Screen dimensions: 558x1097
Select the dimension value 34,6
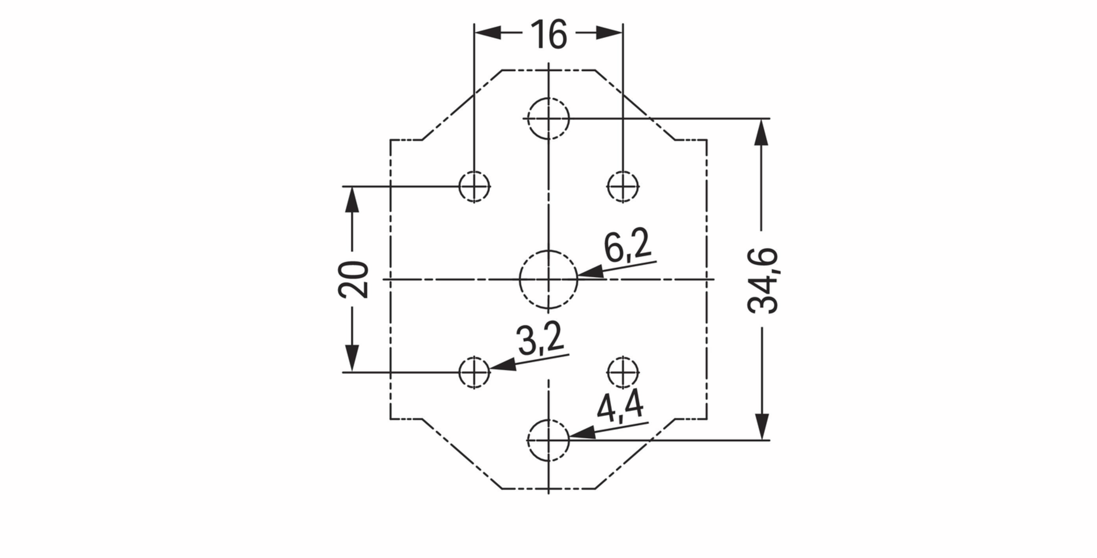(x=762, y=280)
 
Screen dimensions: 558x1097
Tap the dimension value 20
(x=353, y=280)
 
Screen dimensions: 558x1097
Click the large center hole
(x=548, y=279)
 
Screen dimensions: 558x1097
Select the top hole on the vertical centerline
(x=548, y=118)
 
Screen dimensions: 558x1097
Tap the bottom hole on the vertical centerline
(x=548, y=440)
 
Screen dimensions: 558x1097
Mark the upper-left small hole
(x=474, y=186)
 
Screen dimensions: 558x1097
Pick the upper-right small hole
(x=623, y=186)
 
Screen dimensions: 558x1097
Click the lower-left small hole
(x=474, y=372)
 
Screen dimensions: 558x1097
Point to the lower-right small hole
(x=623, y=372)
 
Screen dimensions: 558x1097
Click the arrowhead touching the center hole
(x=591, y=273)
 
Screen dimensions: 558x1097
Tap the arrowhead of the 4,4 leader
(x=582, y=433)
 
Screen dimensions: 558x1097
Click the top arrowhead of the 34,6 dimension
(x=761, y=132)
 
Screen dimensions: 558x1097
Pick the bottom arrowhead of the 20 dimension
(x=352, y=358)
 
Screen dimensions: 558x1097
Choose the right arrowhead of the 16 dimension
(x=609, y=33)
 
